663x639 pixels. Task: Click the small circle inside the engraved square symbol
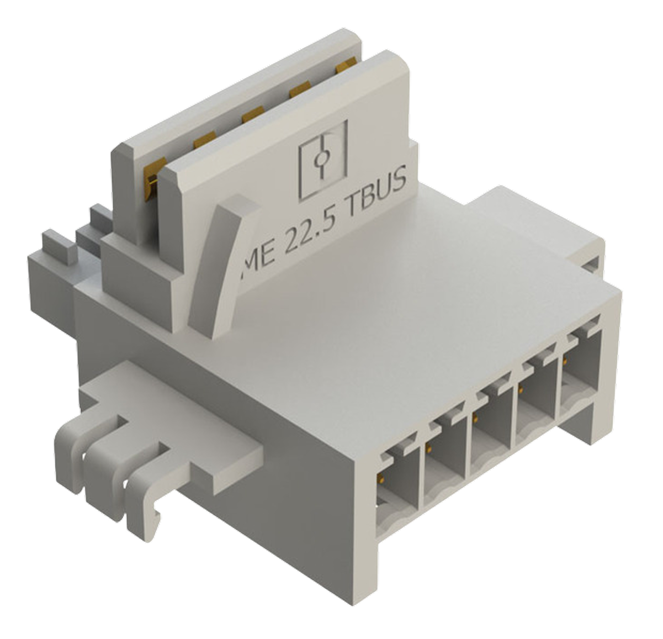321,158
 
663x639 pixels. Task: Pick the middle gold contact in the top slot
253,114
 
